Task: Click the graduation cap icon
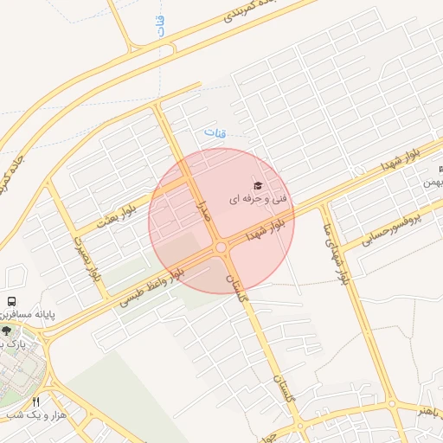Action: click(256, 186)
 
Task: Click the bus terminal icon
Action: click(11, 300)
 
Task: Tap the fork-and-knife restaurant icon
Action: click(35, 401)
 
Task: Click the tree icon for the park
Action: click(6, 330)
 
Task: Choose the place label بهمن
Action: click(432, 183)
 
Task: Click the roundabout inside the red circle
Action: click(221, 248)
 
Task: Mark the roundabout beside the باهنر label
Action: click(391, 404)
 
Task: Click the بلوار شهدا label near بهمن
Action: click(401, 162)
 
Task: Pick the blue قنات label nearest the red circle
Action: click(213, 133)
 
